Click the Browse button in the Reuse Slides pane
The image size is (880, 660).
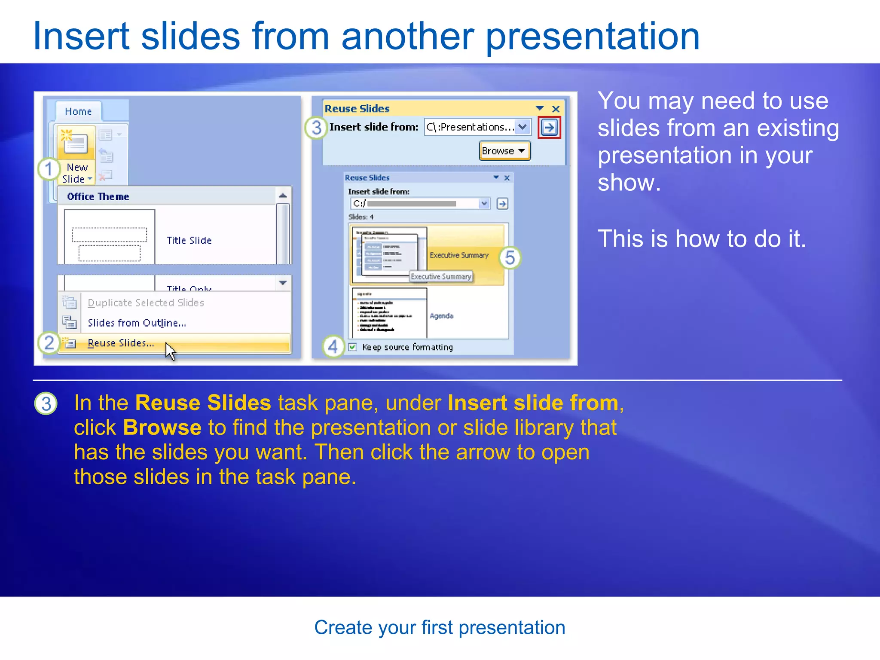(504, 151)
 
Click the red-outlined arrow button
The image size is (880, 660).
(549, 127)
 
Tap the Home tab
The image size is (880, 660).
(78, 112)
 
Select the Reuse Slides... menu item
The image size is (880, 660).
(121, 343)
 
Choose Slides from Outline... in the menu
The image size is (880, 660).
(137, 323)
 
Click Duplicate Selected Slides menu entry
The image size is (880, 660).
(146, 303)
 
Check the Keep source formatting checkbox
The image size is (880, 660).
(353, 347)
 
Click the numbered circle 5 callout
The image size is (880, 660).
(510, 258)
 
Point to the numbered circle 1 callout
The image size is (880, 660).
(49, 169)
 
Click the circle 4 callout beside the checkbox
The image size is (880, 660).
(333, 347)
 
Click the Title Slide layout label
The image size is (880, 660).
(189, 241)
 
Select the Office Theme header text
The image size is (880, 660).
(98, 197)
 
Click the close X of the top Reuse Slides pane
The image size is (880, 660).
(556, 109)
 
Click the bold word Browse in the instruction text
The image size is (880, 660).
(162, 428)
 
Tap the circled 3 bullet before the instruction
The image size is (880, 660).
(46, 404)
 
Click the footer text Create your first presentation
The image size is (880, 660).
(440, 628)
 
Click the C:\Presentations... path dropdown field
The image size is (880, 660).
(471, 127)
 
